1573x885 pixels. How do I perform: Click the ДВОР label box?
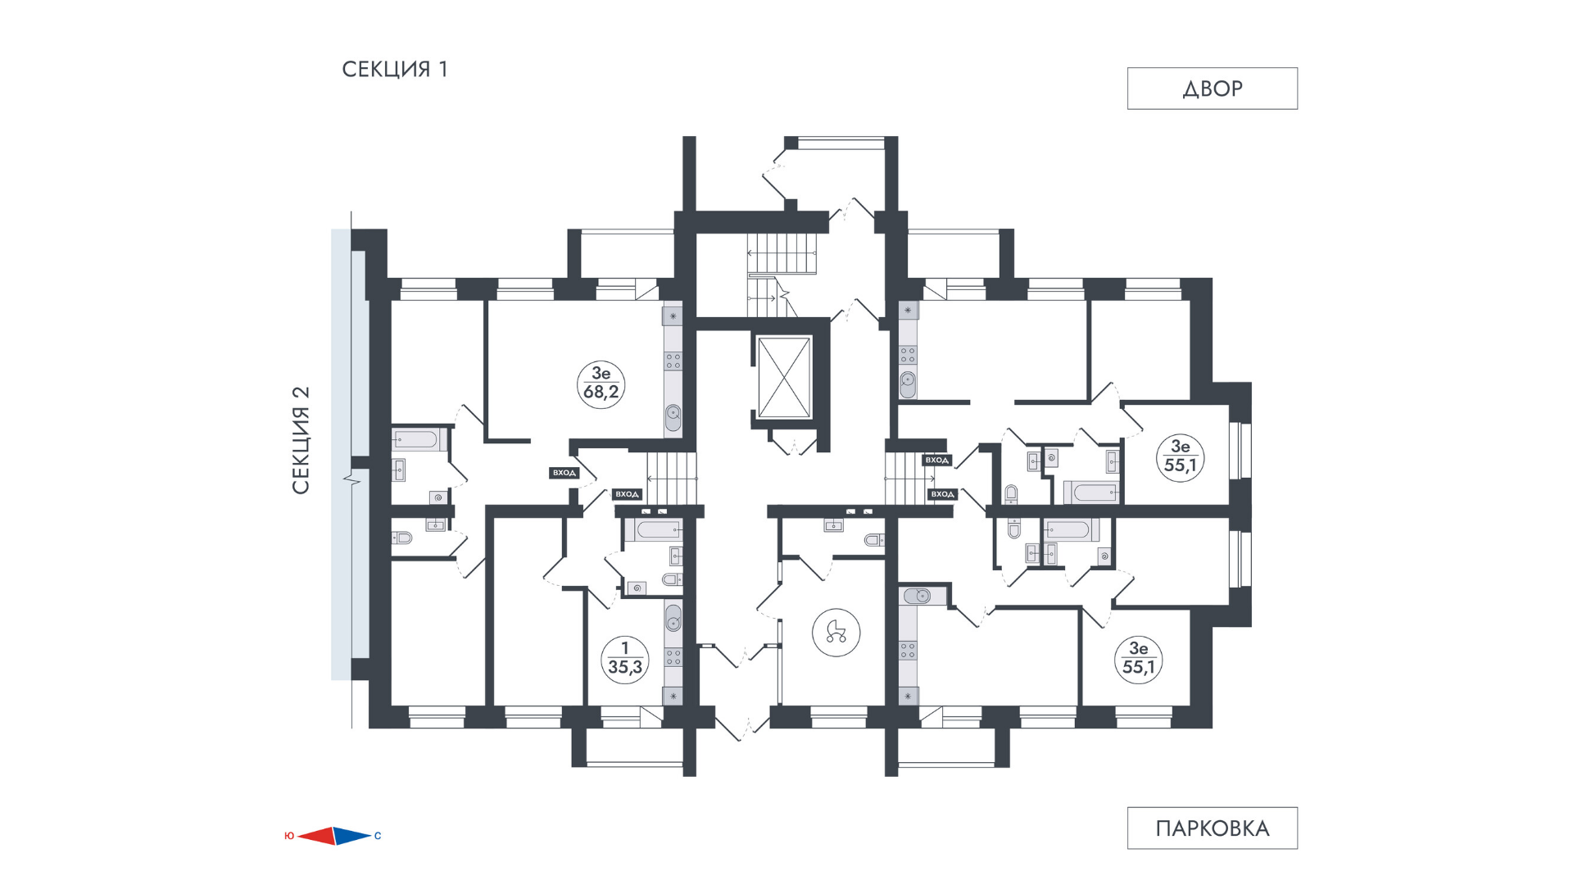point(1212,88)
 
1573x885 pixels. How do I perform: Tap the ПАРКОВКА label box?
point(1212,828)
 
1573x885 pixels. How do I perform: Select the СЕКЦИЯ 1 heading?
point(395,70)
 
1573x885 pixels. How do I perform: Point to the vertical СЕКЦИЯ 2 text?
point(301,440)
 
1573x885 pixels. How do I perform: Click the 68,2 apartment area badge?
point(601,384)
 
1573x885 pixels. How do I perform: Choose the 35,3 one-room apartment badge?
point(625,660)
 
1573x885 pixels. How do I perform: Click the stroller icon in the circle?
point(836,632)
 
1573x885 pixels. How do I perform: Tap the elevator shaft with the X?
point(784,377)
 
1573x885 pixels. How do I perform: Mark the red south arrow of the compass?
point(316,836)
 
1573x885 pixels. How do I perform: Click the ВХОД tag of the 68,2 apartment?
point(564,473)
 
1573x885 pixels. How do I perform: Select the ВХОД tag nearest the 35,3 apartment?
point(627,494)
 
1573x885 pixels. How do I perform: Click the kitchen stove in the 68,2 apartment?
point(673,361)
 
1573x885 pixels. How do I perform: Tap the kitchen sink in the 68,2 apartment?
point(673,417)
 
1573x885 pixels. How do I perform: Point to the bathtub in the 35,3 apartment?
point(653,529)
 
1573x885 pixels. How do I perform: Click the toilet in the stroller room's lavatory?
point(874,539)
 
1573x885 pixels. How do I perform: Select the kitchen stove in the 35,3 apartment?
point(673,656)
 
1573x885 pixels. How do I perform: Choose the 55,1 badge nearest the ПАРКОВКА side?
point(1138,659)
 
